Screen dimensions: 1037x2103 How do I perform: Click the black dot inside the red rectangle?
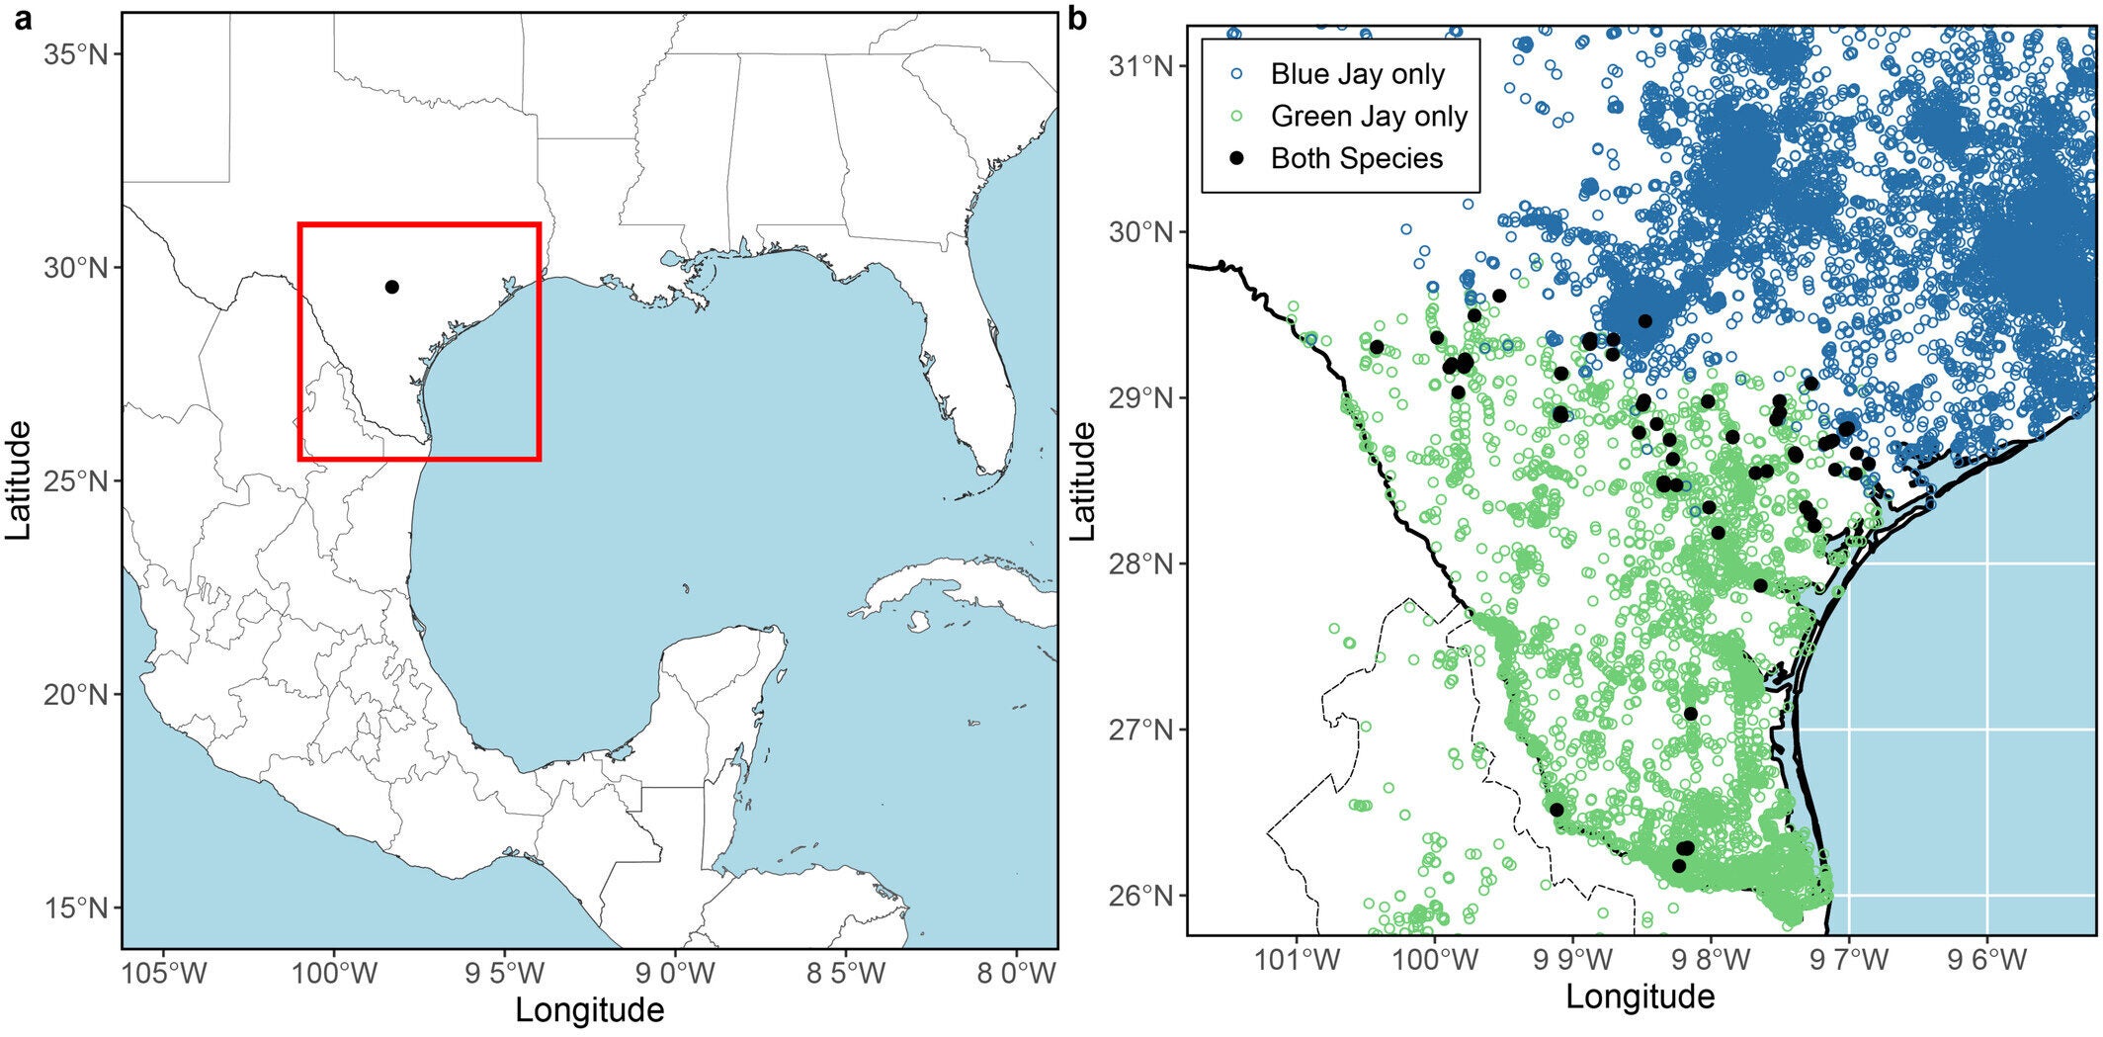pos(392,287)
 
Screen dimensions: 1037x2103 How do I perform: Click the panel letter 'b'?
pos(1078,19)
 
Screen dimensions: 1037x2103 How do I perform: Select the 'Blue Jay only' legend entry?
pos(1357,74)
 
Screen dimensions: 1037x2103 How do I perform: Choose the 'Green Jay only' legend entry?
pos(1368,117)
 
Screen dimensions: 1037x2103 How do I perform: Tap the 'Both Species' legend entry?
pos(1356,159)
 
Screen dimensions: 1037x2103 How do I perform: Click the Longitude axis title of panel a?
pos(590,1010)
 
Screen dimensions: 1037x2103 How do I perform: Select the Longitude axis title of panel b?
pos(1640,996)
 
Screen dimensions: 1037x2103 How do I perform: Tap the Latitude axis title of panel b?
pos(1084,480)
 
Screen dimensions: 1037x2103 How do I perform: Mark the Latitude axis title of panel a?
pos(19,480)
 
